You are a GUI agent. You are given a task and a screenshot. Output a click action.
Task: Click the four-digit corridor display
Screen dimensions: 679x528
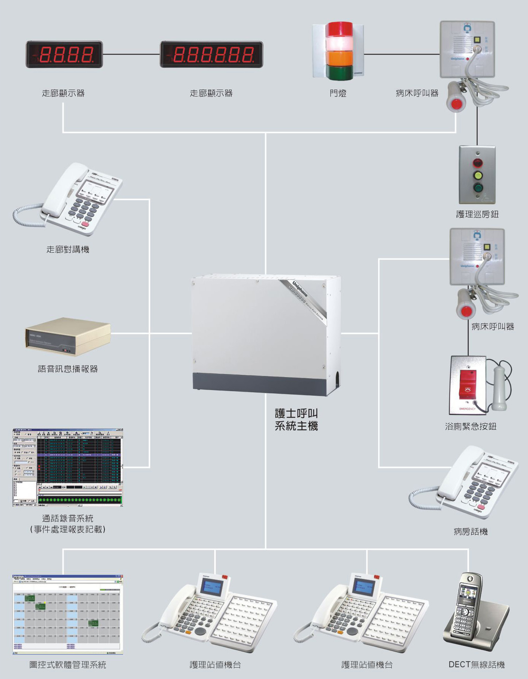click(64, 54)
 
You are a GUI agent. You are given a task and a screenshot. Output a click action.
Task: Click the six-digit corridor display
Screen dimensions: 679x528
click(211, 54)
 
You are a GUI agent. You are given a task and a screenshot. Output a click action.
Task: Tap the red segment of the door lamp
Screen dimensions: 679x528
click(340, 29)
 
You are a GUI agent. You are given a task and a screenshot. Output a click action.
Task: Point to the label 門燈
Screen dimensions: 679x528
click(338, 93)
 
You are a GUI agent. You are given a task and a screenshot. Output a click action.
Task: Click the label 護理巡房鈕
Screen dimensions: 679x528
click(477, 214)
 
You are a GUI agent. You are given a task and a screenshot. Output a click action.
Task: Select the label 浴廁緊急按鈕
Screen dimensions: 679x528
click(470, 426)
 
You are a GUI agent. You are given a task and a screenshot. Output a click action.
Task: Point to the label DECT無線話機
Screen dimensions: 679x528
click(477, 665)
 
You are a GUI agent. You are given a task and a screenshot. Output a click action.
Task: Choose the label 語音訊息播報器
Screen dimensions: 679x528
click(68, 369)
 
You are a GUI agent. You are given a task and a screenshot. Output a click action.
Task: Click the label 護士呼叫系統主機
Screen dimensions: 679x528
click(296, 420)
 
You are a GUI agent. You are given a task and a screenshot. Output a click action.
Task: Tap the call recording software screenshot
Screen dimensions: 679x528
click(68, 468)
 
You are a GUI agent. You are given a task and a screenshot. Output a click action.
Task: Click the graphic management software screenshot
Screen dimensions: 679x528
click(68, 615)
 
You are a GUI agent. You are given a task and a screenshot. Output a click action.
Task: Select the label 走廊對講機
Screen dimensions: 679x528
click(68, 249)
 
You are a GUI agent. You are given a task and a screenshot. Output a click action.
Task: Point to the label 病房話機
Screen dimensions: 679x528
click(470, 531)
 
